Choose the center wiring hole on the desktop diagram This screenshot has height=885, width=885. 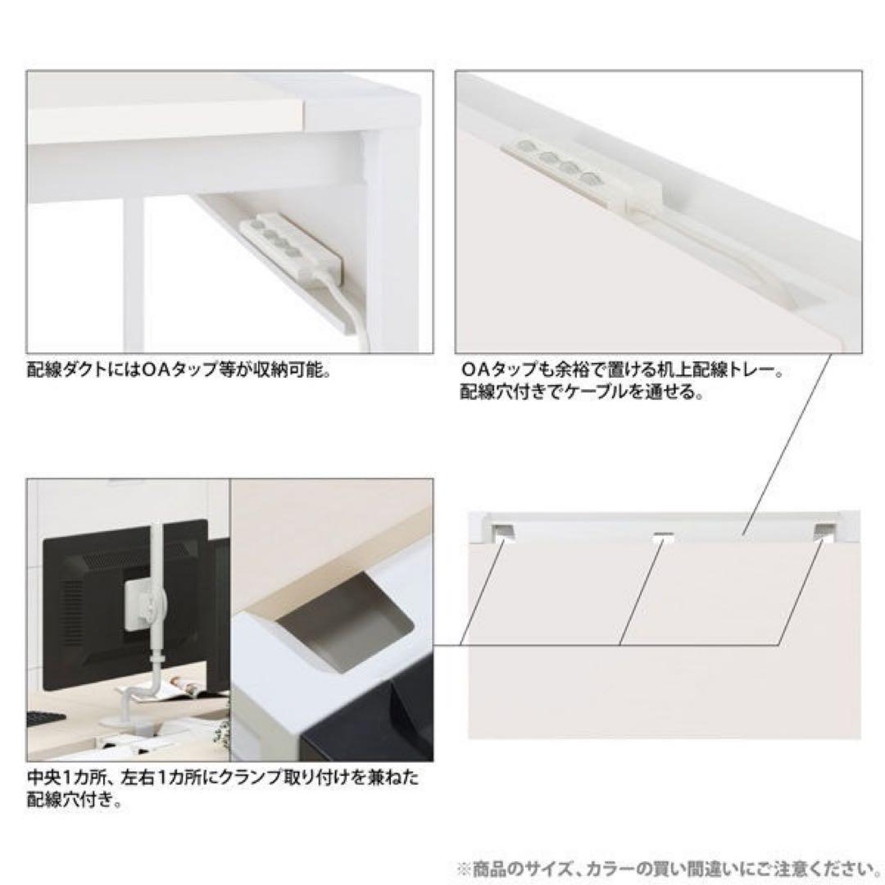[663, 537]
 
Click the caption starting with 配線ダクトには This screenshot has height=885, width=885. [178, 370]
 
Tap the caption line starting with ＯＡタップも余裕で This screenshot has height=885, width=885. [620, 371]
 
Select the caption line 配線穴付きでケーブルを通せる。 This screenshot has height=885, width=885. [581, 391]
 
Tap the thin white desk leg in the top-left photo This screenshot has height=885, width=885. [134, 270]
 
